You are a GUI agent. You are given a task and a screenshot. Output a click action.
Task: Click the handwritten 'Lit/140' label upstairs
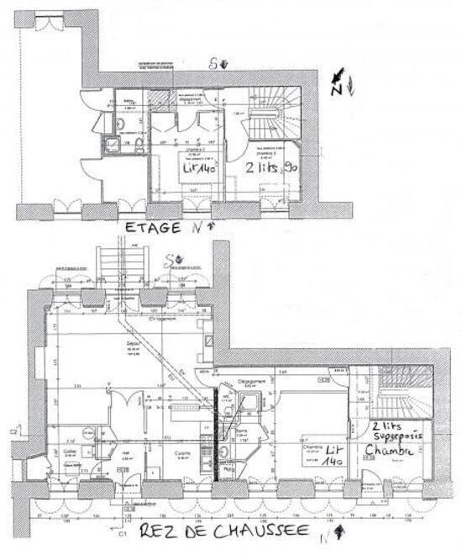click(200, 168)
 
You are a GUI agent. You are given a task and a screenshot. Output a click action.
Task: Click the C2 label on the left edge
click(13, 432)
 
